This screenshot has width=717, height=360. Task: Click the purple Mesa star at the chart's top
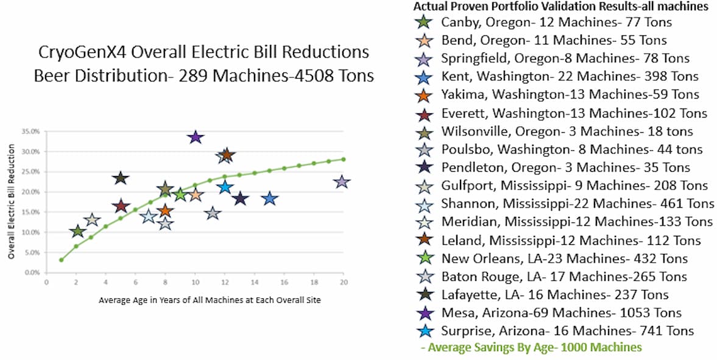click(x=195, y=137)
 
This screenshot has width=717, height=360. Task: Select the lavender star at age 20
click(x=342, y=182)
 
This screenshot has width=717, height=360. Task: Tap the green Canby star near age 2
click(x=77, y=231)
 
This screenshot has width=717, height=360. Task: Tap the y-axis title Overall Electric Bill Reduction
click(x=12, y=202)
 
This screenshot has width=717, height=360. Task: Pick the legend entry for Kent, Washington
click(x=570, y=77)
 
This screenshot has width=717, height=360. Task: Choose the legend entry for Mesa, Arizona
click(x=561, y=313)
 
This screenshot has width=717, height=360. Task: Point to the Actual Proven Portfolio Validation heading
click(x=560, y=7)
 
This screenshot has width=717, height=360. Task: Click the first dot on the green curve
click(x=62, y=260)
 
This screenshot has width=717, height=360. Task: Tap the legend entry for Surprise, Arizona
click(x=567, y=331)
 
